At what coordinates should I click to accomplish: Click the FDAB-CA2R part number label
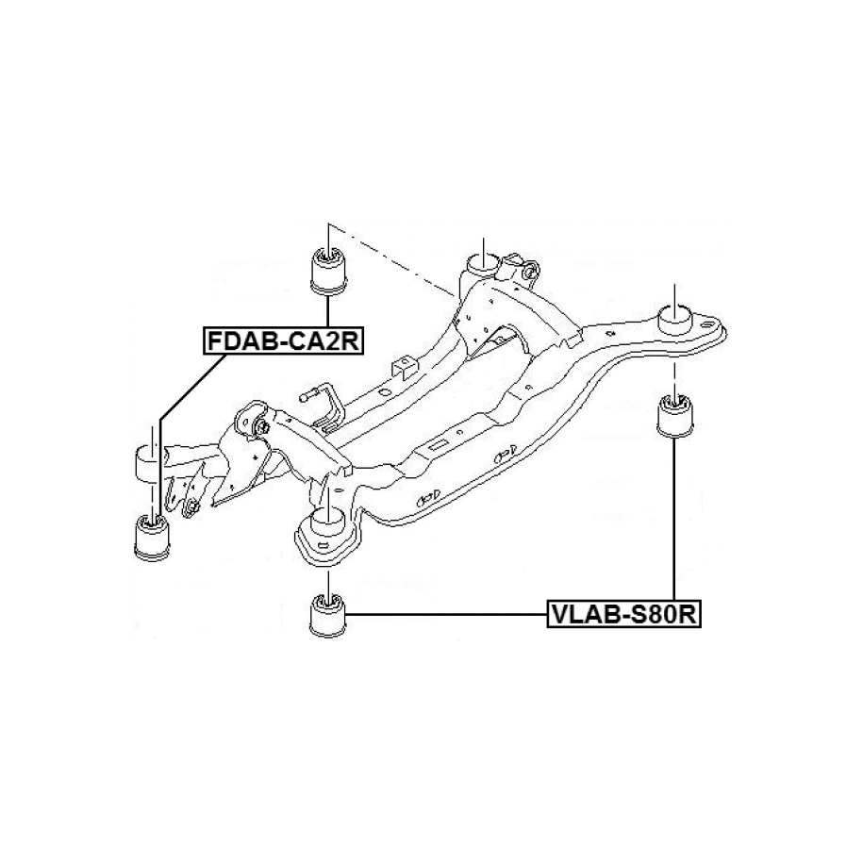pyautogui.click(x=282, y=340)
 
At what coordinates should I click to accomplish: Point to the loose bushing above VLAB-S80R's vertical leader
pyautogui.click(x=675, y=416)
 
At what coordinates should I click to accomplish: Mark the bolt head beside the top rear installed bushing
pyautogui.click(x=529, y=273)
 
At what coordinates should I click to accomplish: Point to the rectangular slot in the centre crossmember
pyautogui.click(x=438, y=443)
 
